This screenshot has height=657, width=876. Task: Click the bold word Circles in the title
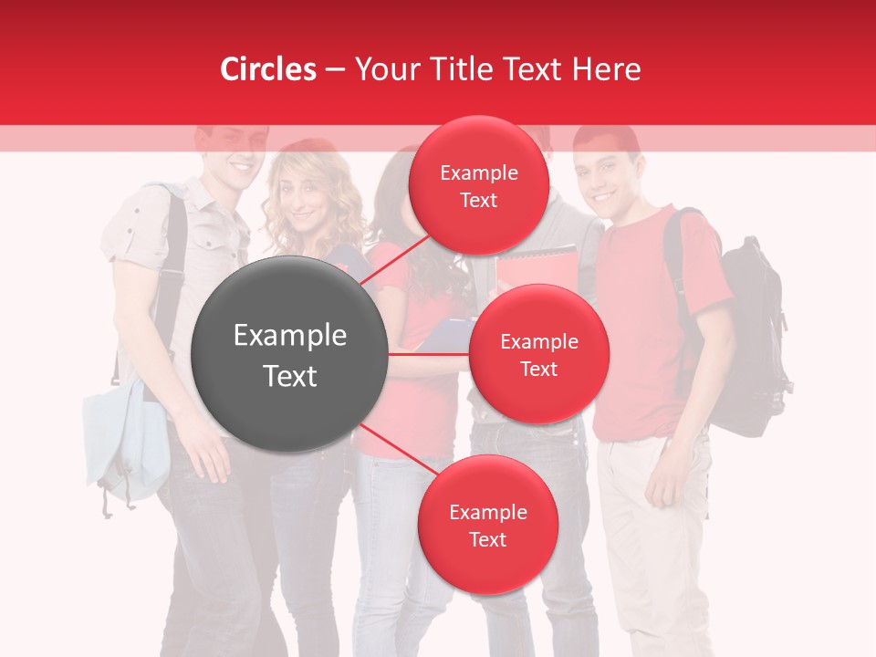click(x=267, y=69)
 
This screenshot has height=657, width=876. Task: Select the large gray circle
click(x=290, y=354)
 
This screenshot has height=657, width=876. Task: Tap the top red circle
click(x=478, y=186)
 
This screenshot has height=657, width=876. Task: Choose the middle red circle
click(x=538, y=354)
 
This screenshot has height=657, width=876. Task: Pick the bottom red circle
click(x=487, y=526)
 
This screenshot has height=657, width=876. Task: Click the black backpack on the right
click(x=748, y=338)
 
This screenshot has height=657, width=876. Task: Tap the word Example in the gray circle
click(x=290, y=336)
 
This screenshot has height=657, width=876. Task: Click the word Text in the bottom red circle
click(x=487, y=539)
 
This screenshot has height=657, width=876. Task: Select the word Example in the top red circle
click(x=478, y=172)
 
